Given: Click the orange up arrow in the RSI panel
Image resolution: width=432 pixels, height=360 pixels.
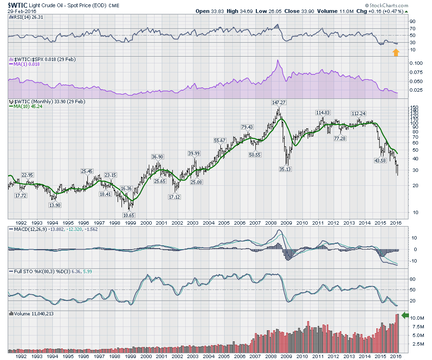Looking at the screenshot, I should point(396,52).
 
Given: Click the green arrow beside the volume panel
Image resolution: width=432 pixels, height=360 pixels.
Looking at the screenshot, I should point(405,315).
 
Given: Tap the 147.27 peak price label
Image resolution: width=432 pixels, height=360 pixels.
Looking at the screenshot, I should point(278,103).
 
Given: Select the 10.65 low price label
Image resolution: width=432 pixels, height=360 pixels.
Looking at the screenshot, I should point(128,215).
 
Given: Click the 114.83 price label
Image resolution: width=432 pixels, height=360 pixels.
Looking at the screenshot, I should point(323,112).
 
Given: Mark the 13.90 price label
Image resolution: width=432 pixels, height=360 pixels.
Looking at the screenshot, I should point(55,205).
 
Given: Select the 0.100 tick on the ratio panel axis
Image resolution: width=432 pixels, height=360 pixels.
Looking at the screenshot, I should point(416,63).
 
